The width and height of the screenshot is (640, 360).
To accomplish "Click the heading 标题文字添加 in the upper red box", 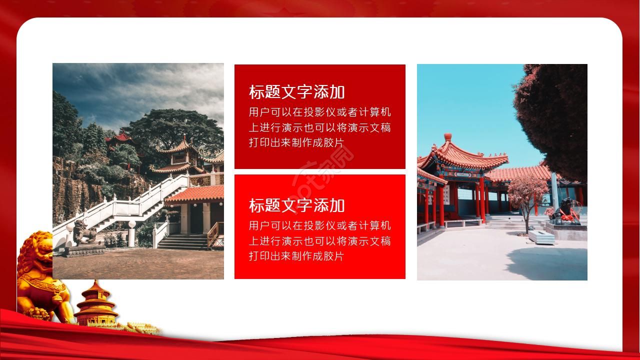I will pos(296,92).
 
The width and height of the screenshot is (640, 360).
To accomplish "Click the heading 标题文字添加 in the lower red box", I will pos(296,205).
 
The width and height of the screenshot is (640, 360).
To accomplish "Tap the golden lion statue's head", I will pos(35,250).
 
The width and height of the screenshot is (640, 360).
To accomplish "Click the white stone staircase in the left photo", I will pos(125,204).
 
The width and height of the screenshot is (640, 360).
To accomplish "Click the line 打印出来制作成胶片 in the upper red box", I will pos(296,143).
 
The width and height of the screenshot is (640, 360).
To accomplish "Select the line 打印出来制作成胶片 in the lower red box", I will pos(296,256).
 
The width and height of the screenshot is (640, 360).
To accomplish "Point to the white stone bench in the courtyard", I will pos(541,237).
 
